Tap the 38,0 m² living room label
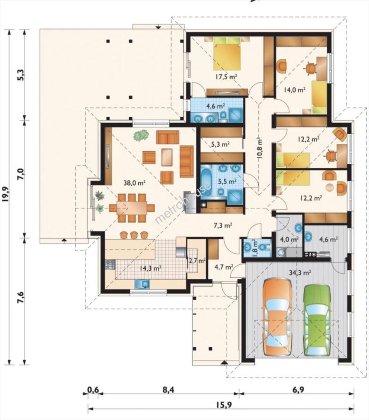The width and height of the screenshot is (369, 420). coord(134,183)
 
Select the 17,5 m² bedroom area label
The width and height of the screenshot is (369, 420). coord(227,77)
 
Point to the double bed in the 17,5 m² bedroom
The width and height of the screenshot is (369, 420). coord(227,53)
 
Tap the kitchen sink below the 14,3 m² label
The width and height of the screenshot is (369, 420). coord(142,284)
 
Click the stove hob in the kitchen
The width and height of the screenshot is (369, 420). coord(110,265)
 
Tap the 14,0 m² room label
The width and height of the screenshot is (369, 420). coord(294,90)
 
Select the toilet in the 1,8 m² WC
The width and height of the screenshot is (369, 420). coord(265,247)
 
